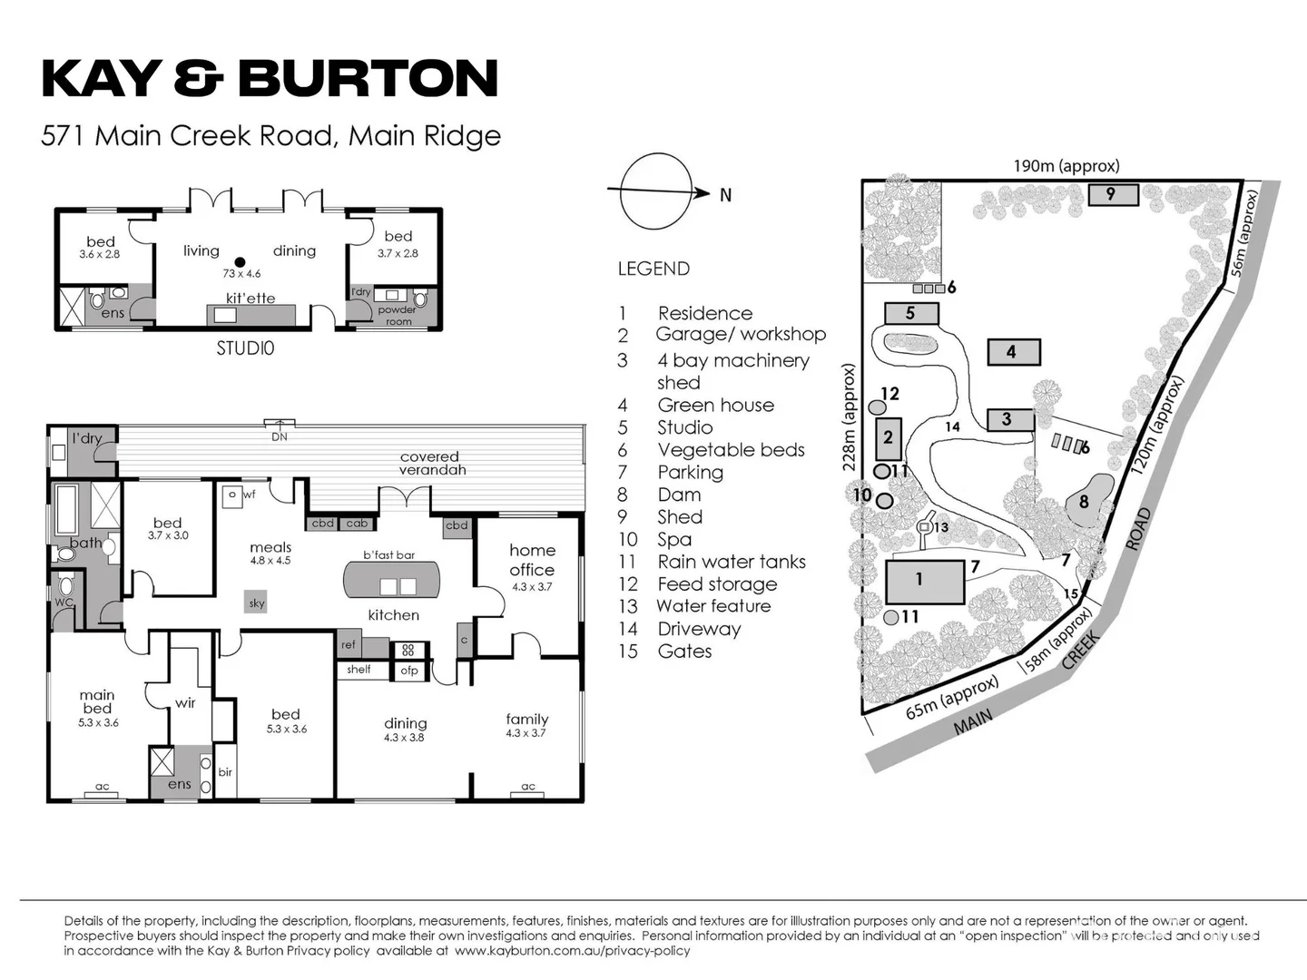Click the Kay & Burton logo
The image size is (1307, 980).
pyautogui.click(x=270, y=78)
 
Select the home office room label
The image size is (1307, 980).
pyautogui.click(x=532, y=561)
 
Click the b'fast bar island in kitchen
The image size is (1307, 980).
pyautogui.click(x=391, y=578)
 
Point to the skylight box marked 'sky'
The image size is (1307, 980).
pyautogui.click(x=257, y=603)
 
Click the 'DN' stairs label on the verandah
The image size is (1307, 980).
pyautogui.click(x=280, y=436)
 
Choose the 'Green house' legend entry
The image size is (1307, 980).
pyautogui.click(x=715, y=406)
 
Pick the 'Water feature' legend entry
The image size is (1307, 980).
pyautogui.click(x=713, y=606)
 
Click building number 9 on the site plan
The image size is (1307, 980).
pyautogui.click(x=1111, y=193)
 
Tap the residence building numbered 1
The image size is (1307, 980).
pyautogui.click(x=925, y=581)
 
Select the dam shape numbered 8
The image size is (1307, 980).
pyautogui.click(x=1086, y=501)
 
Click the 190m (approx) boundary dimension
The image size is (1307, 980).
pyautogui.click(x=1066, y=166)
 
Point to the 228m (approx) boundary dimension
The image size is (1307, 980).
pyautogui.click(x=850, y=417)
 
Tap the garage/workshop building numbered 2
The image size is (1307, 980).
pyautogui.click(x=888, y=438)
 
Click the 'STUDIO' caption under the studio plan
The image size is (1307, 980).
pyautogui.click(x=245, y=348)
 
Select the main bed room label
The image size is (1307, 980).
pyautogui.click(x=97, y=702)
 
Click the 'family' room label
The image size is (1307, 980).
pyautogui.click(x=526, y=720)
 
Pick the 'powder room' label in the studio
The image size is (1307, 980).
pyautogui.click(x=397, y=315)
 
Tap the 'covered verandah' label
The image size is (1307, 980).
pyautogui.click(x=430, y=463)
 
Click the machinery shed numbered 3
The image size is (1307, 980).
pyautogui.click(x=1009, y=419)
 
